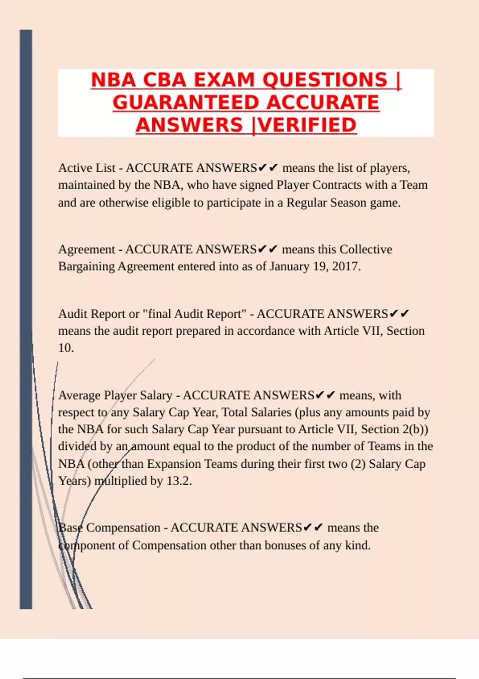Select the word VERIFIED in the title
pos(307,125)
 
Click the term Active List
pos(87,168)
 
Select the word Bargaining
pos(86,266)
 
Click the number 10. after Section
pos(66,348)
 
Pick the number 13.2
pos(179,481)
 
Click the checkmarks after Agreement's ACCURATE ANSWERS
pos(267,249)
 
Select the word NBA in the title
pos(113,80)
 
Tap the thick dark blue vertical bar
pos(26,320)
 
